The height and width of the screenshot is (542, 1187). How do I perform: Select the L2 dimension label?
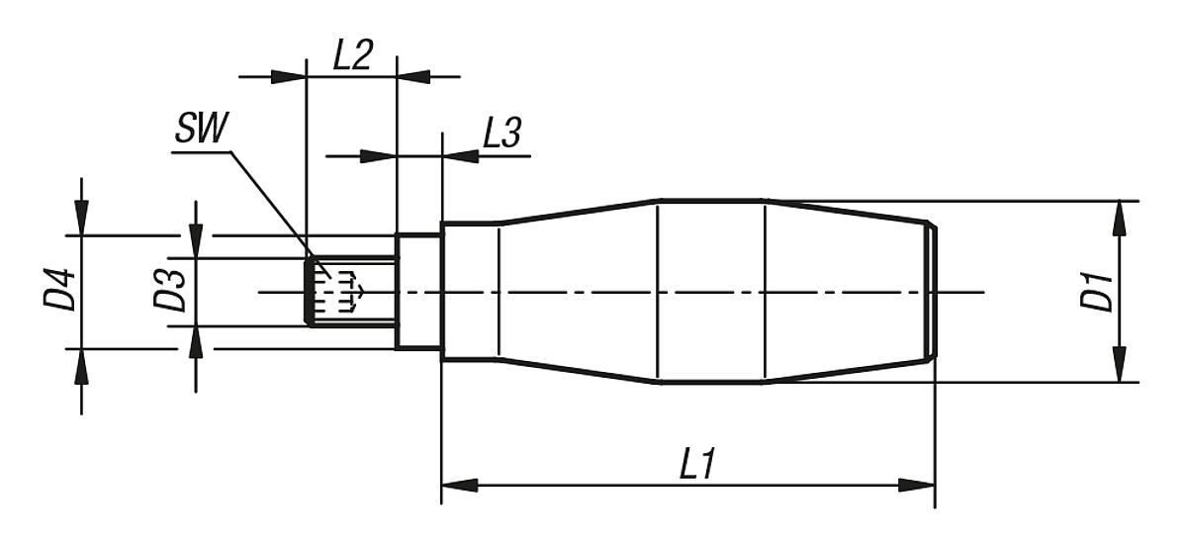[351, 56]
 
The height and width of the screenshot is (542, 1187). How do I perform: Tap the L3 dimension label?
[502, 134]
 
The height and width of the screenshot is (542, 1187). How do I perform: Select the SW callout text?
[200, 131]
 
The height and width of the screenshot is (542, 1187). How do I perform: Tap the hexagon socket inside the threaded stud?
[338, 290]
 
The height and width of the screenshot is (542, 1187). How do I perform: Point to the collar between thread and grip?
[418, 292]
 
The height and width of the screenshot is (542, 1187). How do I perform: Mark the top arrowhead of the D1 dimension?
[1119, 218]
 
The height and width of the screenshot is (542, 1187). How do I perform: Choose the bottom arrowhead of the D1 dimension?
[1119, 365]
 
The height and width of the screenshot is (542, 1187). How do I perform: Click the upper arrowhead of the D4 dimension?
[81, 218]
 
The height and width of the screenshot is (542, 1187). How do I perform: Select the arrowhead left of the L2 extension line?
[288, 75]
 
